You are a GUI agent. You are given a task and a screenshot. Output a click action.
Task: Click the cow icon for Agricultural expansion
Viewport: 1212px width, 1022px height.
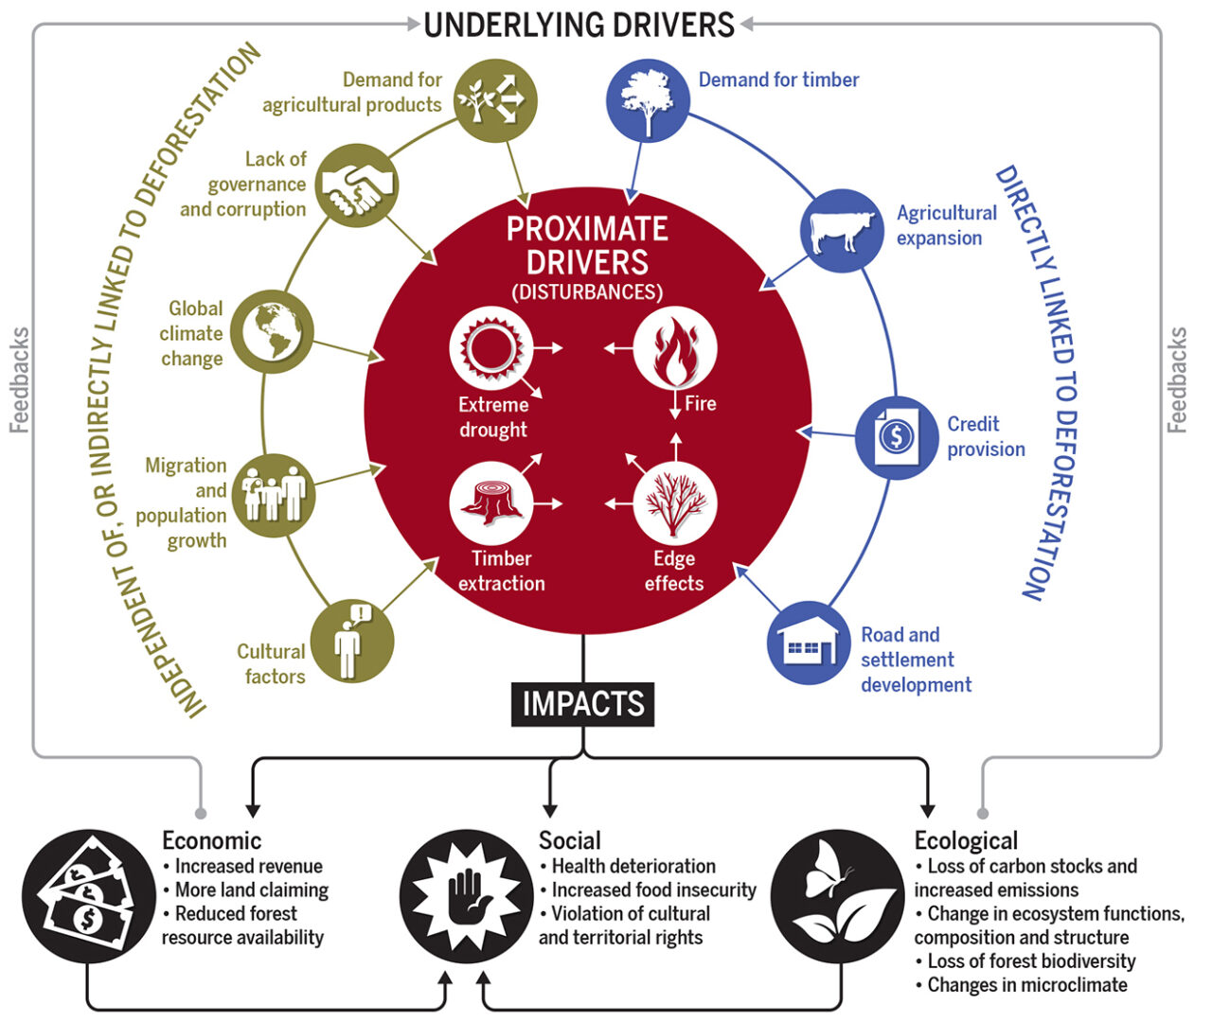click(842, 230)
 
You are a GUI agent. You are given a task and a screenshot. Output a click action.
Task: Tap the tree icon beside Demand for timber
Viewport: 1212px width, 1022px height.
click(648, 100)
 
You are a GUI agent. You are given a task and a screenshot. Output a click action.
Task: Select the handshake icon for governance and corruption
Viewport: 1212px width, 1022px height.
click(356, 185)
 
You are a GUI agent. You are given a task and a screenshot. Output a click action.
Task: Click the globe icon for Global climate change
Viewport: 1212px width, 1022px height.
click(272, 331)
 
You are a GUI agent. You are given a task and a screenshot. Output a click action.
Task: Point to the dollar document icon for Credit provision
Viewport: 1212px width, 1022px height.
click(896, 436)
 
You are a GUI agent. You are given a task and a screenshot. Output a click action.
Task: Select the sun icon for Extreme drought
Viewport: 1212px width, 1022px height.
click(490, 349)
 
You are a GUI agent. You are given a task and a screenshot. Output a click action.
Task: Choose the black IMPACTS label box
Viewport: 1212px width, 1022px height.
click(583, 704)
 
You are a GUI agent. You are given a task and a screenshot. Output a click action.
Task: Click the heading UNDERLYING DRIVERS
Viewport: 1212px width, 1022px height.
click(579, 25)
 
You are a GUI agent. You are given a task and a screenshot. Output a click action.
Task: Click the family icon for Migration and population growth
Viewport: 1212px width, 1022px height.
click(274, 495)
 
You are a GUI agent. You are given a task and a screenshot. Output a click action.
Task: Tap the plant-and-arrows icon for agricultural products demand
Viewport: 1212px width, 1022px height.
click(495, 100)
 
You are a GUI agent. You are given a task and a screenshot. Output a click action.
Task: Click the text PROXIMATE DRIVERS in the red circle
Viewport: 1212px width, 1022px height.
click(587, 245)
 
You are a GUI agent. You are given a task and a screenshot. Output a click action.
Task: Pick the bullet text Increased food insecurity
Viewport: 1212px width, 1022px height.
click(653, 890)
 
